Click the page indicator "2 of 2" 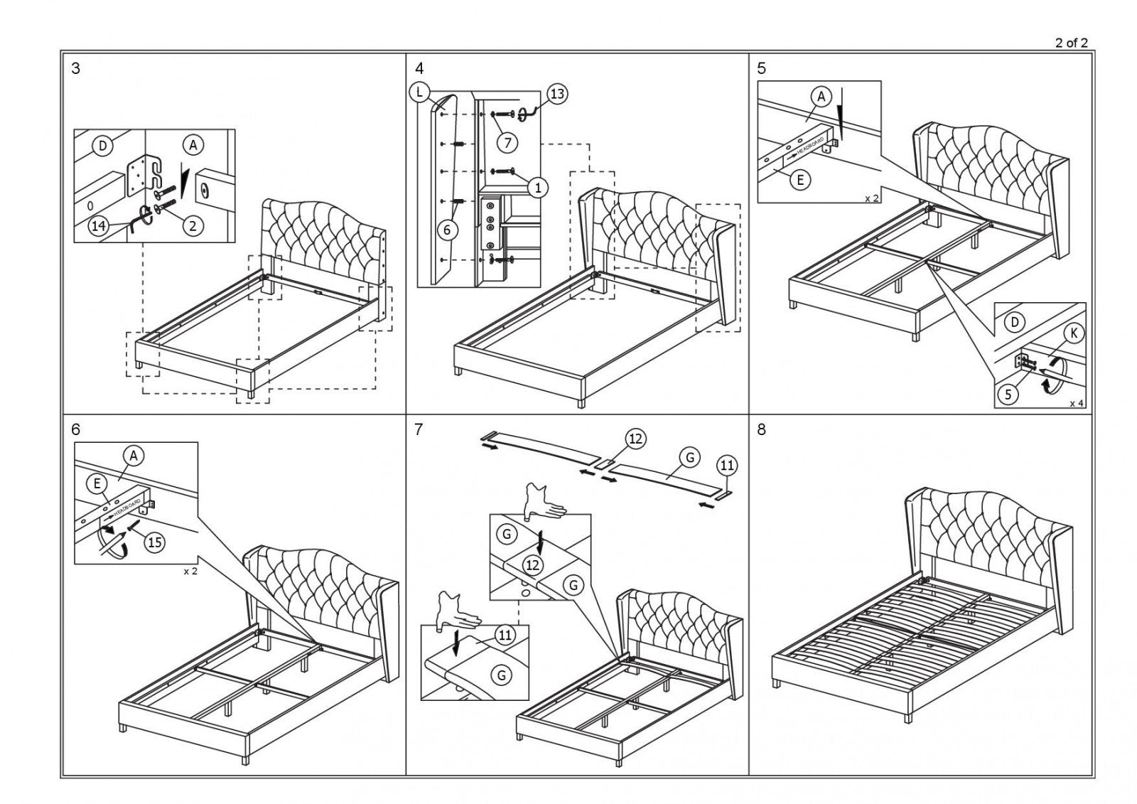point(1071,43)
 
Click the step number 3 point(76,69)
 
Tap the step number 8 point(762,429)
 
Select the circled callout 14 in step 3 point(99,226)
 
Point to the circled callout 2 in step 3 point(192,226)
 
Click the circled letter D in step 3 point(103,146)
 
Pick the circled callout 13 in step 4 point(557,94)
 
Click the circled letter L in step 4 point(420,92)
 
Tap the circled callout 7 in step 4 point(507,142)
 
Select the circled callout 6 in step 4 point(447,230)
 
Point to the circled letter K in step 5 point(1074,333)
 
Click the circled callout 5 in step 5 point(1008,395)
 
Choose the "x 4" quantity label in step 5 point(1077,403)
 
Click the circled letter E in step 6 point(97,483)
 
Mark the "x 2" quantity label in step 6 point(190,571)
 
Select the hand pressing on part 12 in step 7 point(542,501)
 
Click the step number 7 point(419,429)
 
